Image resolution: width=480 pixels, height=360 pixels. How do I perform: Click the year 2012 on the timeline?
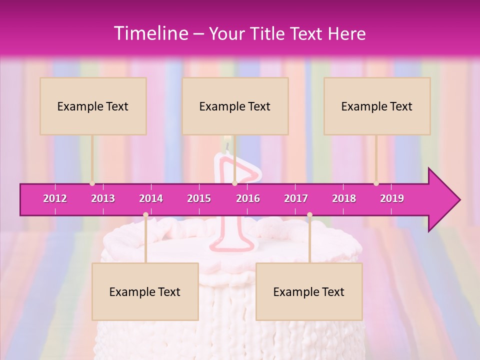[55, 198]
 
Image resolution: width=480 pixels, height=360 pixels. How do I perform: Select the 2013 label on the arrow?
[103, 198]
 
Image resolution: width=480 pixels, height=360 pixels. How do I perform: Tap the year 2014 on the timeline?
[151, 198]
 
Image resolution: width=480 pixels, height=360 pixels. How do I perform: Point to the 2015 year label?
[199, 198]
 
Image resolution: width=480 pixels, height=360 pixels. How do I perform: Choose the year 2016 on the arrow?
[248, 198]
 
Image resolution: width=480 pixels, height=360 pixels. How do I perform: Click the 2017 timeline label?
[296, 198]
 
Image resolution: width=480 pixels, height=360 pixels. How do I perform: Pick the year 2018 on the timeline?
[344, 198]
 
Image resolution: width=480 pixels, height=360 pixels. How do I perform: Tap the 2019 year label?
[392, 198]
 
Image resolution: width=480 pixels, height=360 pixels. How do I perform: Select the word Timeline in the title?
[150, 33]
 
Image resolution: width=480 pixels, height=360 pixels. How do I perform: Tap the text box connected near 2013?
[93, 106]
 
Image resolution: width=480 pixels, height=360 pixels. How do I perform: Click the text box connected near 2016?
[235, 106]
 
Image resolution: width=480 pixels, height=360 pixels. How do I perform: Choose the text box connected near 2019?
[377, 106]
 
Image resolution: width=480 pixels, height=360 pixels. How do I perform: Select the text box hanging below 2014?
[145, 291]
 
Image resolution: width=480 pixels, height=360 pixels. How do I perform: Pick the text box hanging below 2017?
[309, 291]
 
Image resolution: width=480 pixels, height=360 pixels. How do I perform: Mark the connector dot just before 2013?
[92, 183]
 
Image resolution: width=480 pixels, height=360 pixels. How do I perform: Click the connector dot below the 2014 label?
[145, 214]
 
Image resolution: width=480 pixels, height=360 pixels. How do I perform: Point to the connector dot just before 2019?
[376, 183]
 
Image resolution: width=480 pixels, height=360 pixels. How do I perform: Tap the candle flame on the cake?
[227, 141]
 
